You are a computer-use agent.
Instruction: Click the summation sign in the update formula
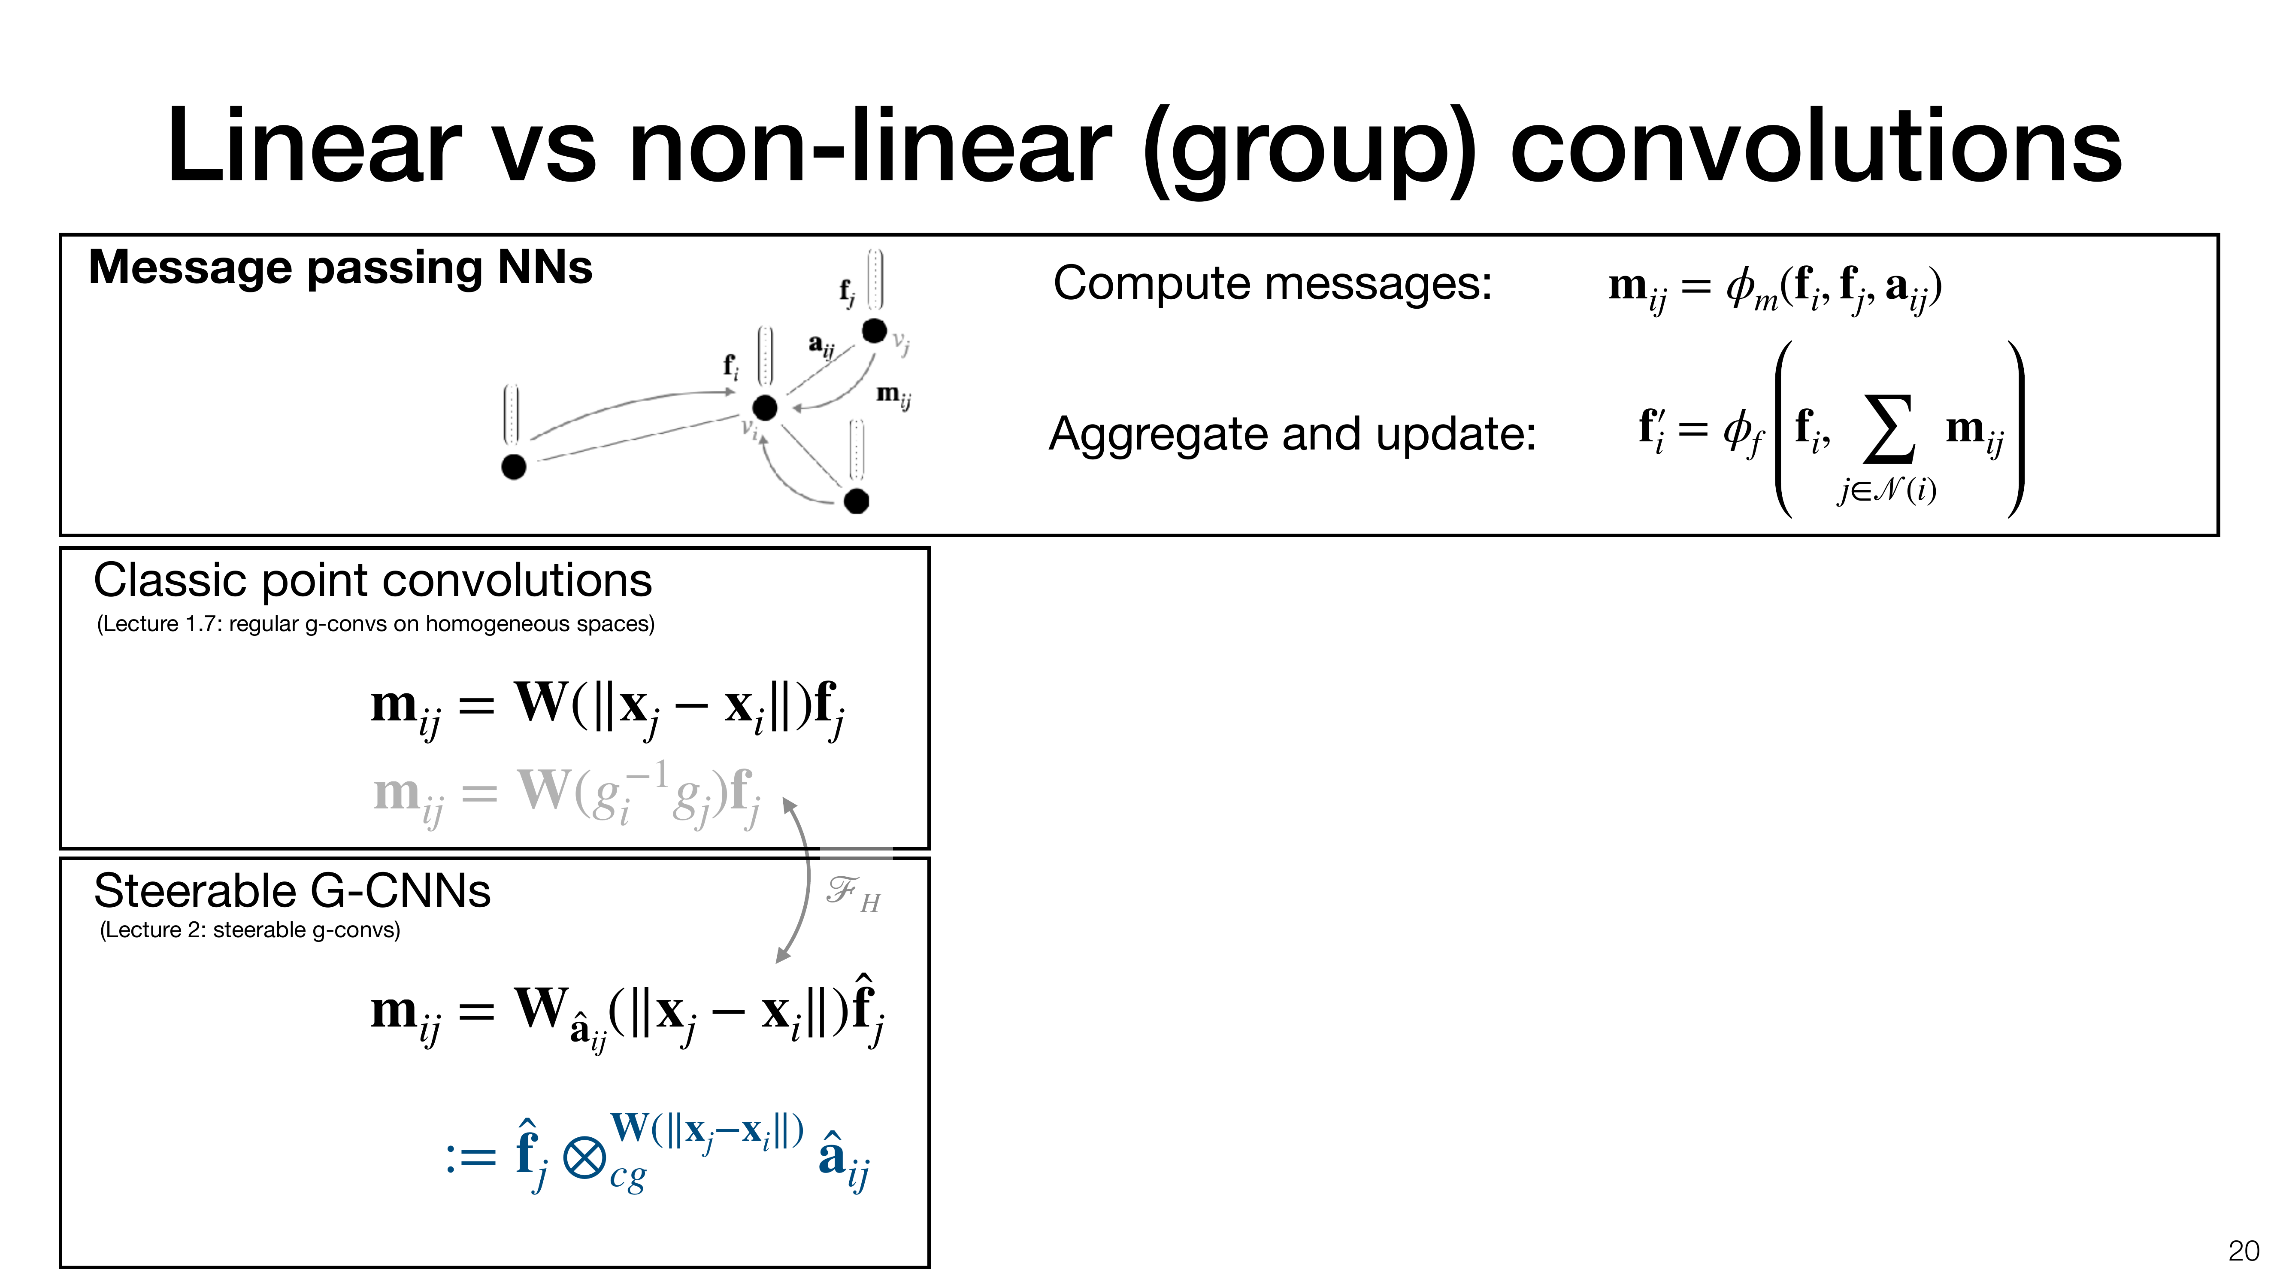pyautogui.click(x=1888, y=431)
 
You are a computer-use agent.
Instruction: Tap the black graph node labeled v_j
pyautogui.click(x=875, y=331)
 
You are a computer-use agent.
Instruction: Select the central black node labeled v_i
pyautogui.click(x=764, y=408)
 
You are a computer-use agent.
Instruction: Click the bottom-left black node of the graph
pyautogui.click(x=514, y=467)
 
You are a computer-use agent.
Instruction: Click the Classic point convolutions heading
pyautogui.click(x=372, y=580)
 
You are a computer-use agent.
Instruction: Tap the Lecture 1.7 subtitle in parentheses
pyautogui.click(x=375, y=624)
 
